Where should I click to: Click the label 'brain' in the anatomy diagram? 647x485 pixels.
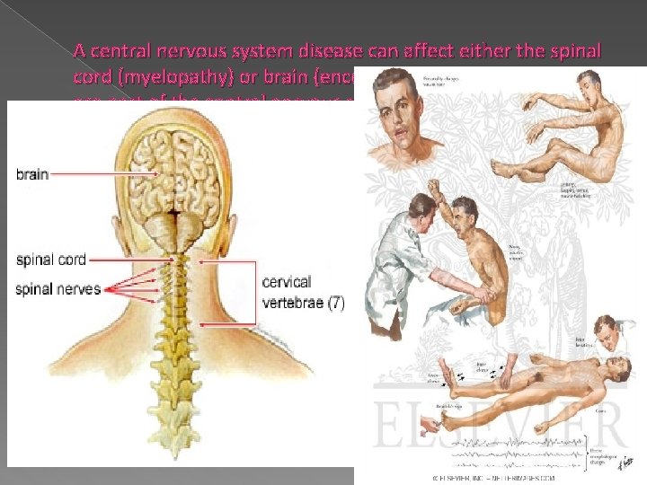[x=32, y=173]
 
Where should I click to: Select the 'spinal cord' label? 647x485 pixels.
[x=51, y=260]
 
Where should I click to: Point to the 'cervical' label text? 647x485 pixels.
[x=287, y=281]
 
